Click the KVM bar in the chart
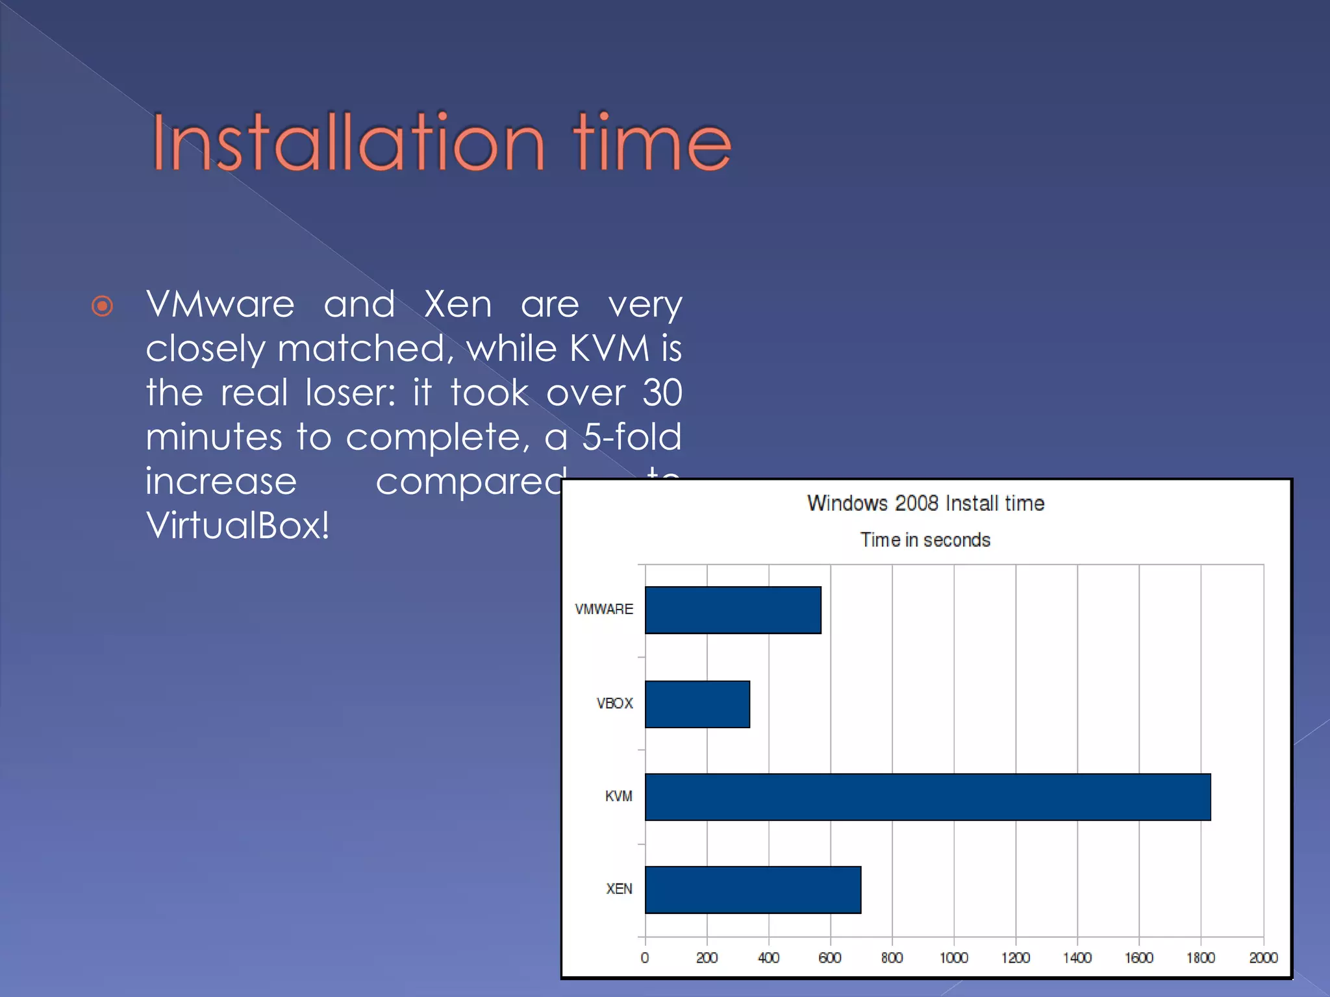pos(927,796)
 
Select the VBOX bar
pos(697,704)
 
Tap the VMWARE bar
pos(733,610)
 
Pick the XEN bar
pos(753,889)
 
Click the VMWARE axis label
pos(603,609)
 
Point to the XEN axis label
pos(619,889)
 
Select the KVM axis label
pos(618,796)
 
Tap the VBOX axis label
pos(614,704)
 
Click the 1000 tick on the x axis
pos(953,957)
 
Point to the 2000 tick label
pos(1263,957)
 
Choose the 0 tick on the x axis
pos(644,957)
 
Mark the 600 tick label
pos(830,957)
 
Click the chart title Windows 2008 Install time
pos(925,503)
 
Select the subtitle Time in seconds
pos(925,540)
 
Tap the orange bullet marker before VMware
pos(103,306)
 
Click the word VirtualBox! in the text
pos(238,525)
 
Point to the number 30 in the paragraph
pos(662,393)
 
